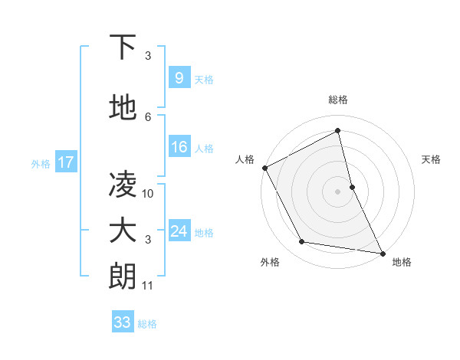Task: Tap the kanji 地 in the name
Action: click(x=123, y=108)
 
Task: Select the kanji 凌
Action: click(x=123, y=185)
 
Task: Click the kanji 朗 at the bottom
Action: click(x=123, y=277)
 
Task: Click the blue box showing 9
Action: click(x=179, y=77)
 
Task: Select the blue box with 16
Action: click(x=179, y=148)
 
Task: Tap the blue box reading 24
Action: click(x=179, y=232)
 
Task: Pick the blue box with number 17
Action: click(x=65, y=162)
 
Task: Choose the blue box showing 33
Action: click(x=122, y=322)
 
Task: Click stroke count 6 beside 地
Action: click(x=148, y=117)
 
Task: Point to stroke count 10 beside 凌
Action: click(x=148, y=194)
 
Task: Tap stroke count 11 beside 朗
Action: click(x=148, y=286)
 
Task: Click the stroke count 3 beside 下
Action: click(x=148, y=56)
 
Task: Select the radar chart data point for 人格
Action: click(x=264, y=168)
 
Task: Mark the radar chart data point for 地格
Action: click(x=382, y=253)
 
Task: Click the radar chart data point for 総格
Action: click(x=337, y=131)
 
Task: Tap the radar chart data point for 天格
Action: click(x=352, y=186)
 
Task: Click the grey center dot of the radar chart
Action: click(x=337, y=191)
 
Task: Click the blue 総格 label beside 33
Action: click(x=147, y=324)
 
